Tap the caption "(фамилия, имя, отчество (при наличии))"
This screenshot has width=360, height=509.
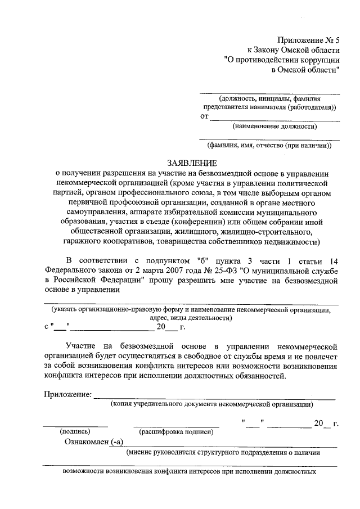coord(270,146)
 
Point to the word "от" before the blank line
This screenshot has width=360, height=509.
coord(204,116)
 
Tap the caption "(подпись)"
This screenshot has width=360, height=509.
coord(75,432)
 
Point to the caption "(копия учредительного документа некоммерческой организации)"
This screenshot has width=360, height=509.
coord(212,404)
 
